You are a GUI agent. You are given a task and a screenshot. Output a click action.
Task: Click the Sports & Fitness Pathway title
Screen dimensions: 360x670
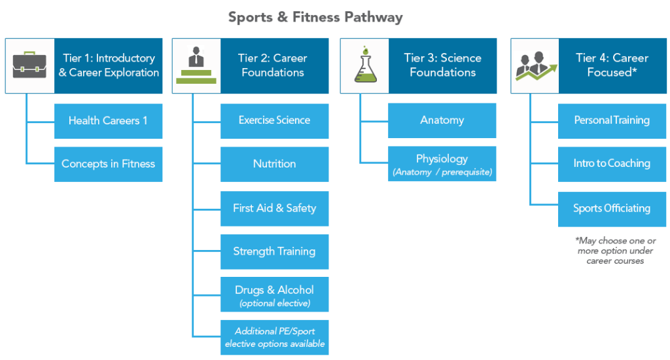[315, 17]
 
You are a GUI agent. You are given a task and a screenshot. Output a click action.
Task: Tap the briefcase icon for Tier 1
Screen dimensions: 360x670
[29, 65]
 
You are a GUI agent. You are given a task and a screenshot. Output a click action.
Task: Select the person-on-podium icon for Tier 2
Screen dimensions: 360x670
[196, 65]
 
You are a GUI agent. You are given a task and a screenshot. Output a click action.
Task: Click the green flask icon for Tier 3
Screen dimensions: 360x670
[364, 65]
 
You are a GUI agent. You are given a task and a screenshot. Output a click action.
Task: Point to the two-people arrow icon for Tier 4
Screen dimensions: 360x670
[535, 65]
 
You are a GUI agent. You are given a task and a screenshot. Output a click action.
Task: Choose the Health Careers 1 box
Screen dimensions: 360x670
[108, 120]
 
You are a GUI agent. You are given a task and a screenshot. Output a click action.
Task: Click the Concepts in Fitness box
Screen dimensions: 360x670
[108, 164]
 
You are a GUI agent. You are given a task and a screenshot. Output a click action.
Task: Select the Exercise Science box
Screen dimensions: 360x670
[274, 120]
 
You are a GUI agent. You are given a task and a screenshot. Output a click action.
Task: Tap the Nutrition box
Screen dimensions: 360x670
[274, 164]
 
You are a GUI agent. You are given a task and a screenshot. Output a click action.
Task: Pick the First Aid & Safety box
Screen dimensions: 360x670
[274, 208]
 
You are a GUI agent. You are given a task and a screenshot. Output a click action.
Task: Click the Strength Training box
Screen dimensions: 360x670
[274, 251]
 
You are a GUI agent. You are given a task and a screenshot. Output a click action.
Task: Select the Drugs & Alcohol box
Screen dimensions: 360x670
[274, 295]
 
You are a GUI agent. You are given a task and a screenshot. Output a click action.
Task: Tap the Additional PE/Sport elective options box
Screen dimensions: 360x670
[274, 337]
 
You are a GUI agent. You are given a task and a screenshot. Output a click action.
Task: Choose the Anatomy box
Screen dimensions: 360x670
[442, 120]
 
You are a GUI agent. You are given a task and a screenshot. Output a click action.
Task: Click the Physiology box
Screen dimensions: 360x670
[442, 164]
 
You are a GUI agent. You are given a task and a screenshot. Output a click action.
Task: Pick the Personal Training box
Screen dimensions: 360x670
[612, 120]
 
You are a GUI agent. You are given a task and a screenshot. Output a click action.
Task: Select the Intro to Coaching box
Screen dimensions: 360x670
[612, 164]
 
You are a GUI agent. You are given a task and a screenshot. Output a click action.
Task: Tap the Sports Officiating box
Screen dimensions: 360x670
[612, 208]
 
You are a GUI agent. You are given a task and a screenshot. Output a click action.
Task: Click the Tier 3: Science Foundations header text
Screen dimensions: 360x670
[442, 65]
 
